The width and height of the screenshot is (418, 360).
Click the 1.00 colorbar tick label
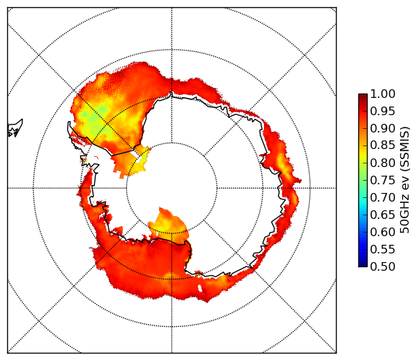point(383,94)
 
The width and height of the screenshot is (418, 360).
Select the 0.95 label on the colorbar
point(383,111)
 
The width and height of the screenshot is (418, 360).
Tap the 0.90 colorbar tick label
point(383,128)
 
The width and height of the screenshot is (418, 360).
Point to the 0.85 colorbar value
point(383,145)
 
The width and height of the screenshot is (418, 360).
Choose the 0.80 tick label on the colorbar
point(383,163)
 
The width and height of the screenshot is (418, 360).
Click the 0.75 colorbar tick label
point(383,180)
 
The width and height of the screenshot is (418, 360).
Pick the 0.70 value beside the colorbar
point(383,197)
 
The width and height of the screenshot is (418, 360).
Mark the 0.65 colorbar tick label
point(383,215)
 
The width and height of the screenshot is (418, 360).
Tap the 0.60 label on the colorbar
point(383,232)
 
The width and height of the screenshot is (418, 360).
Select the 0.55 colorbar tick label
point(383,249)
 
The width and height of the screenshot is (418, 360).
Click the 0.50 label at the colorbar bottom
point(383,266)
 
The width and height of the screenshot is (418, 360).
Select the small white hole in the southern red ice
point(200,288)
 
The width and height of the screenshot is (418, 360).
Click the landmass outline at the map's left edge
point(15,128)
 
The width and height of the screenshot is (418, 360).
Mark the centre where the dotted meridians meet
point(172,188)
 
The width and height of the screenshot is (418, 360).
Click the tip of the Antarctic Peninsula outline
point(69,122)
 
